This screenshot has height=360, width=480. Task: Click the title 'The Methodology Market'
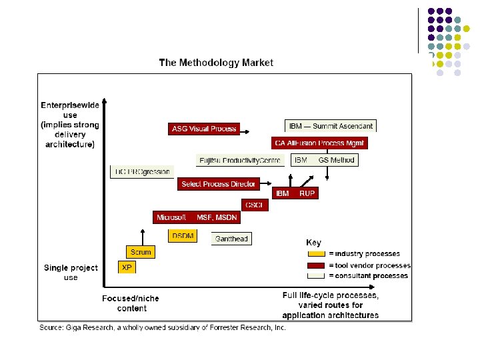(x=215, y=63)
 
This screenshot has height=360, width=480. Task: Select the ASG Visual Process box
(x=204, y=129)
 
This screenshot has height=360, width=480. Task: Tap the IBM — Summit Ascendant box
(x=331, y=126)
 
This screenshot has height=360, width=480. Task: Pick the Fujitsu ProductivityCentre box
(x=241, y=160)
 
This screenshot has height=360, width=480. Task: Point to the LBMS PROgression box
(x=142, y=171)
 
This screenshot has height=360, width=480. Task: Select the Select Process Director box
(x=218, y=184)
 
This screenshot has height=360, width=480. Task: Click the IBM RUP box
(x=295, y=193)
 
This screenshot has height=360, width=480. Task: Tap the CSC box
(x=255, y=205)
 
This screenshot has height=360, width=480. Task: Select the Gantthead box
(x=231, y=238)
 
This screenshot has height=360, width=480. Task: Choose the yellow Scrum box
(x=141, y=252)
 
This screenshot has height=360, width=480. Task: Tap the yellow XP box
(x=127, y=267)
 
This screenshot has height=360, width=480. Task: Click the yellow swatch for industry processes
(x=316, y=254)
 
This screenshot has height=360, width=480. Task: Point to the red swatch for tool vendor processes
(x=316, y=265)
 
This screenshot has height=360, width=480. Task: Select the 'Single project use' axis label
(x=71, y=272)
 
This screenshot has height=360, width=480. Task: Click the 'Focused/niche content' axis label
(x=131, y=303)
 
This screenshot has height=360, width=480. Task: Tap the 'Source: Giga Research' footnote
(x=162, y=327)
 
